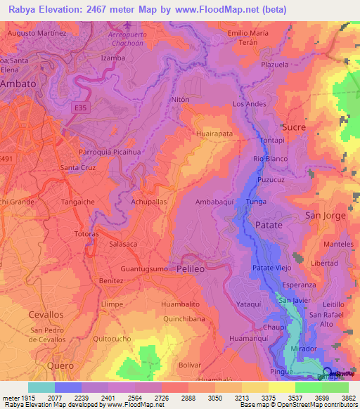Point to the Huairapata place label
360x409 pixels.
(x=215, y=132)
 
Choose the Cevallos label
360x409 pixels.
(x=46, y=315)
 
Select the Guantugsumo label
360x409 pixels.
(x=144, y=269)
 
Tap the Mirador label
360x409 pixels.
(x=303, y=348)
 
